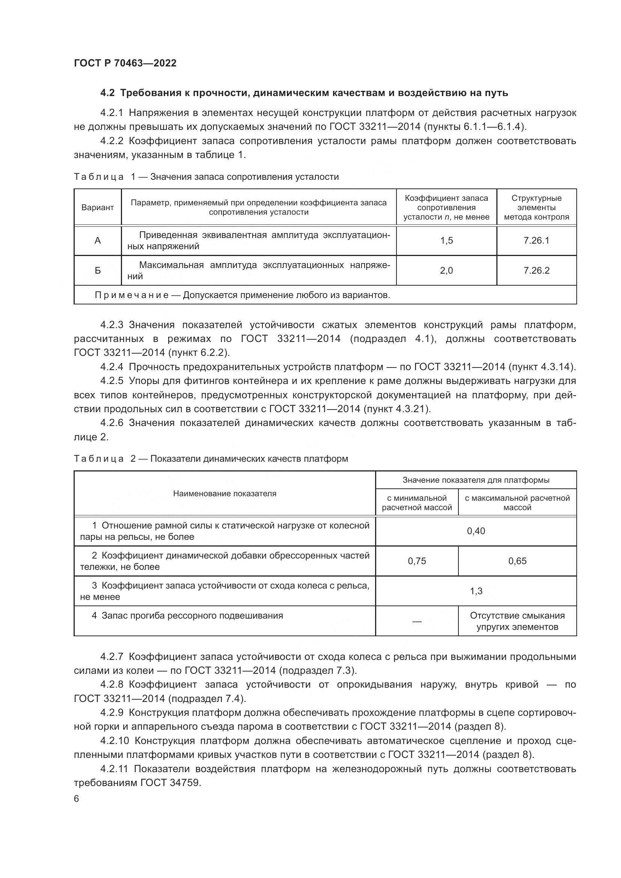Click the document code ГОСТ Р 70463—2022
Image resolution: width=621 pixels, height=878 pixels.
click(x=125, y=63)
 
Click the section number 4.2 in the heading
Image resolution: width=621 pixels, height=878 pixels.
click(x=107, y=93)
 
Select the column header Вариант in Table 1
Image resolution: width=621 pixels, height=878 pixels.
click(x=98, y=208)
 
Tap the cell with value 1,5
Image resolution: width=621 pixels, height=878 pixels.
click(x=446, y=241)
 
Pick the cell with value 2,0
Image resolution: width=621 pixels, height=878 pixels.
click(x=446, y=271)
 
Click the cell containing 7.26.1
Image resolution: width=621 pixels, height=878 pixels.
click(x=536, y=241)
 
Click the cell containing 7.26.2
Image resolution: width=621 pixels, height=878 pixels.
click(x=536, y=271)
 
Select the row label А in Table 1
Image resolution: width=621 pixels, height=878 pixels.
click(x=98, y=241)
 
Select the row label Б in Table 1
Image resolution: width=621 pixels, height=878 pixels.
click(x=98, y=271)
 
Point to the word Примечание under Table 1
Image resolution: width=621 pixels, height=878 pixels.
click(x=131, y=295)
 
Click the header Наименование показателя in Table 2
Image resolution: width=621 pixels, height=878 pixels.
click(x=225, y=494)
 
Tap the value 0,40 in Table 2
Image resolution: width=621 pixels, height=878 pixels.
click(x=476, y=531)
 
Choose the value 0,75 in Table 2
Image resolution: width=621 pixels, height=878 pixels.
click(x=416, y=561)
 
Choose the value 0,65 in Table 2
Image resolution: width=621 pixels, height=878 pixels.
click(x=517, y=561)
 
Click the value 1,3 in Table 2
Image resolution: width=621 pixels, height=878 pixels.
click(x=476, y=591)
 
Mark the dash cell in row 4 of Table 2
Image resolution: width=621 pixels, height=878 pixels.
click(x=416, y=622)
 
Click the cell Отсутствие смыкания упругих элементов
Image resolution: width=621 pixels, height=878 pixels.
click(x=517, y=621)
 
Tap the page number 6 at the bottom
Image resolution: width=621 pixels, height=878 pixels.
click(x=77, y=799)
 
